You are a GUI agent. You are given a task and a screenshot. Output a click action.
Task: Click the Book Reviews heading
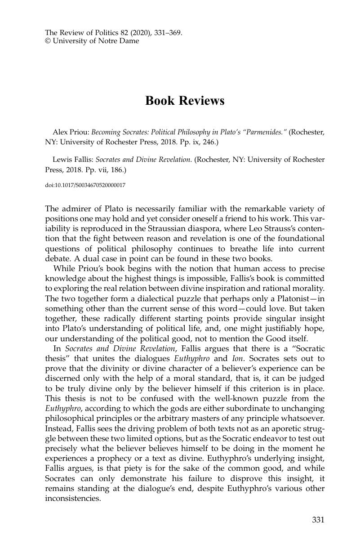point(185,101)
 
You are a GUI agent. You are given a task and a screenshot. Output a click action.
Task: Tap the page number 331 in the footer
point(318,520)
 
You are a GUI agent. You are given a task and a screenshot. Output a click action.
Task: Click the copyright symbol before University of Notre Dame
point(48,41)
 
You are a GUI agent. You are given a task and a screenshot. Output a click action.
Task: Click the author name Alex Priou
point(71,132)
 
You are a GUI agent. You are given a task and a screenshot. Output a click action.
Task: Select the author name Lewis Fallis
point(72,160)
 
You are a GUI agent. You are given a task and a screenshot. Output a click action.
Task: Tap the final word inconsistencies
point(73,498)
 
